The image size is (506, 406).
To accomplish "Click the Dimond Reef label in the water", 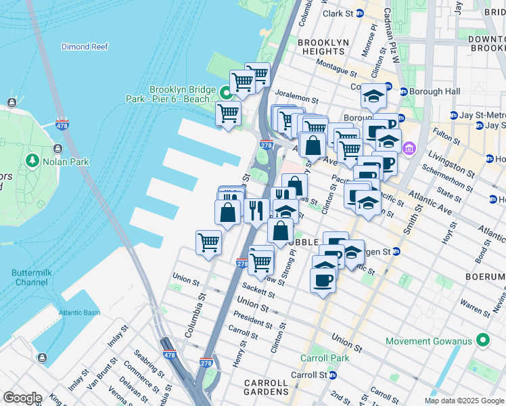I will (x=85, y=47).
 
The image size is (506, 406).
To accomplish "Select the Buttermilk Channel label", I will (x=30, y=277).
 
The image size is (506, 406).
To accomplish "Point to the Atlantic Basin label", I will (x=78, y=312).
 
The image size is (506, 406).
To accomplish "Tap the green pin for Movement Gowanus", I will (x=482, y=340).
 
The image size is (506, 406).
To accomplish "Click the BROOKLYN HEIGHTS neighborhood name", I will (x=323, y=47).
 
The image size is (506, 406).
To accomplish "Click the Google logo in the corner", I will (x=22, y=399).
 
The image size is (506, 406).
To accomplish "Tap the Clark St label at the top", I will (x=338, y=14).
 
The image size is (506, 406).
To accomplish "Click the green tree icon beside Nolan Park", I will (x=31, y=161).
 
